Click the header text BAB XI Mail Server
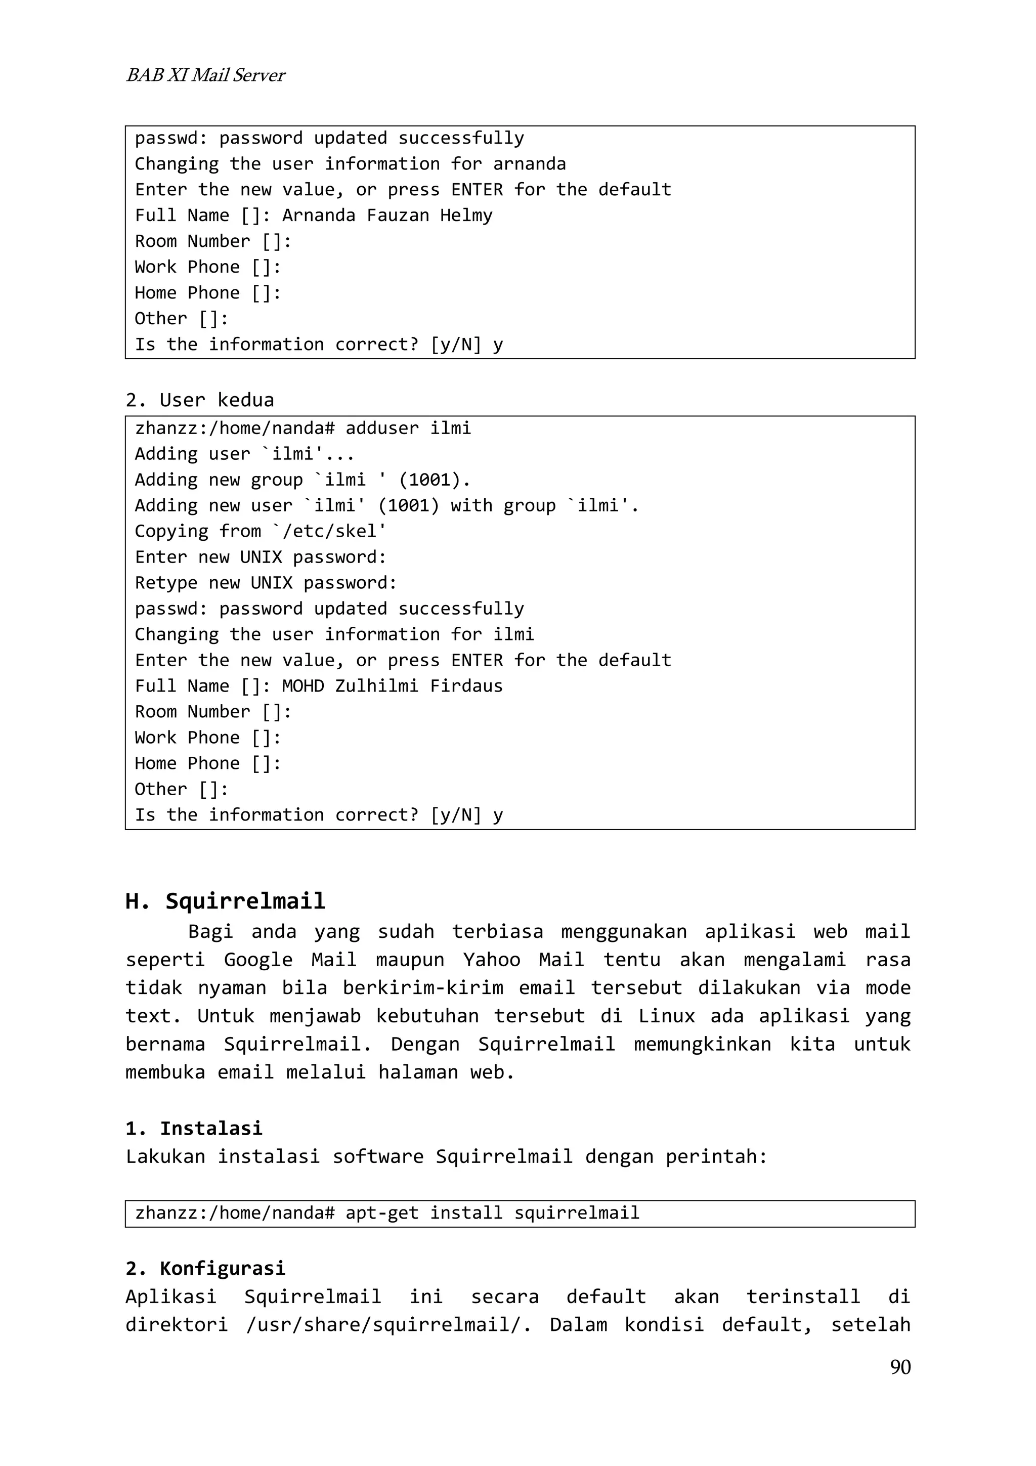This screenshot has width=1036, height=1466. click(x=205, y=75)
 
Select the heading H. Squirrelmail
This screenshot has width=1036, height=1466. click(x=225, y=901)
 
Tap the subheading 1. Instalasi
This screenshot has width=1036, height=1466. click(x=194, y=1128)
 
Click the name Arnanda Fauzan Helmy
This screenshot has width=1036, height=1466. click(x=387, y=215)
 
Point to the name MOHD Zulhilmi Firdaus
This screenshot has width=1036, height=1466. click(x=392, y=686)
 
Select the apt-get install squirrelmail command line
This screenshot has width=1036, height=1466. click(x=387, y=1213)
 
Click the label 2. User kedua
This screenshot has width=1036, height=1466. click(x=200, y=400)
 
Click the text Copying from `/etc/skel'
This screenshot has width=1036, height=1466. click(x=261, y=531)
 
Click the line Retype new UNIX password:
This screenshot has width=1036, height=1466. click(x=266, y=583)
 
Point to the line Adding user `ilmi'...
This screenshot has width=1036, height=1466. click(x=244, y=454)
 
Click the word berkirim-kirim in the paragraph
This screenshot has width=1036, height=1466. click(x=422, y=988)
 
